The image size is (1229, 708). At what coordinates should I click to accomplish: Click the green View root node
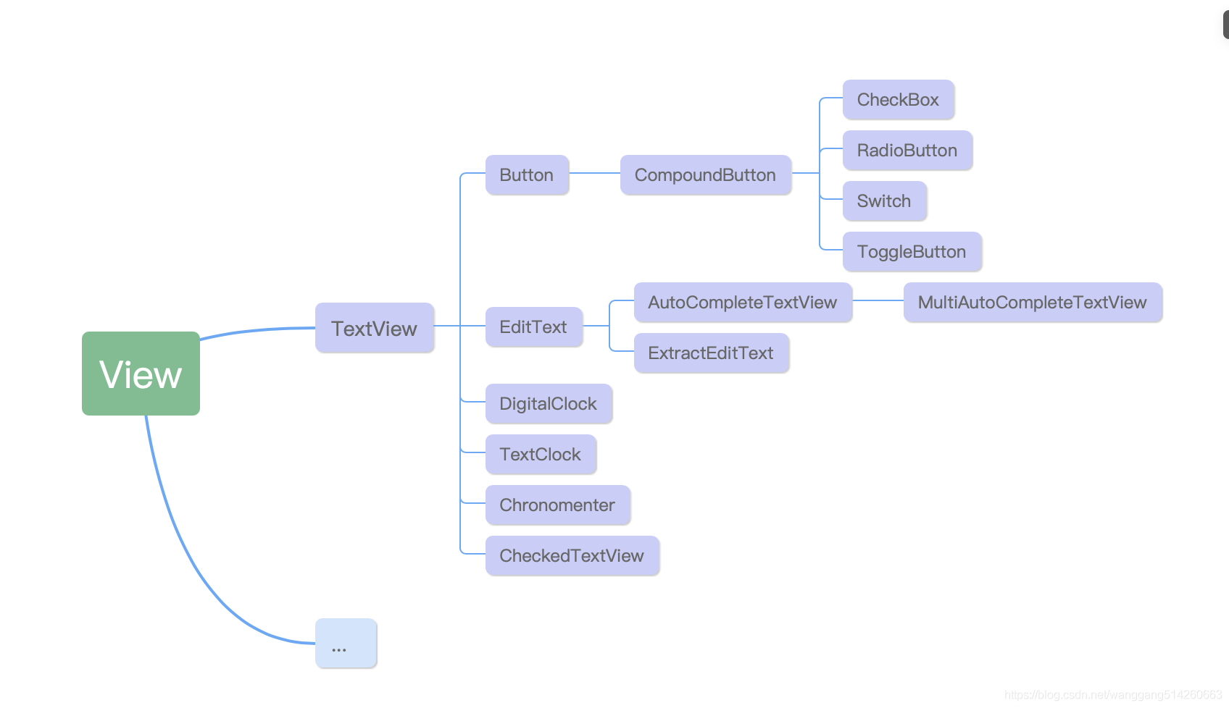pos(141,373)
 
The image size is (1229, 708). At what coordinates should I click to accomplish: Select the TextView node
pos(375,328)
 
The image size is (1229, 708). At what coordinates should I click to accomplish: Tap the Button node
pos(528,174)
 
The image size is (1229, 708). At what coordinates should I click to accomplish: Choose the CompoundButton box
pos(706,174)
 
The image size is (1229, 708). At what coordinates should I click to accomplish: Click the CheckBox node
pos(899,100)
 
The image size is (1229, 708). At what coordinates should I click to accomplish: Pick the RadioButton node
pos(907,150)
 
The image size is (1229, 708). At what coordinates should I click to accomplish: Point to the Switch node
pos(885,201)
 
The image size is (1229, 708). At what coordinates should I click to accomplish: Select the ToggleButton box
pos(912,251)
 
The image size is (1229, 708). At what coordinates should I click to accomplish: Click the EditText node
pos(534,326)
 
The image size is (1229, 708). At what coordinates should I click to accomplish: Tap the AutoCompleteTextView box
pos(743,303)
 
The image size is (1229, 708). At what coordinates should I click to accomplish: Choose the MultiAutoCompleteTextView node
pos(1033,303)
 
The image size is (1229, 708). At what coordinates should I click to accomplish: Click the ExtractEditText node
pos(712,353)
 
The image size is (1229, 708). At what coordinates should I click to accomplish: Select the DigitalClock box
pos(549,404)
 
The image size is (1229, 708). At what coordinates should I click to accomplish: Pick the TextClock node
pos(541,455)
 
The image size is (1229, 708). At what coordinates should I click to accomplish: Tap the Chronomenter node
pos(558,505)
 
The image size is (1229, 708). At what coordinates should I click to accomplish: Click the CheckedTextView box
pos(572,556)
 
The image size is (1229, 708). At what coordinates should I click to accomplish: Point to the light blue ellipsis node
pos(346,644)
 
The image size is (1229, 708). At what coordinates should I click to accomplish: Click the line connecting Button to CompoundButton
pos(595,173)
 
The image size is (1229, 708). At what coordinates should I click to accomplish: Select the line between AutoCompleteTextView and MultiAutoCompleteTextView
pos(878,300)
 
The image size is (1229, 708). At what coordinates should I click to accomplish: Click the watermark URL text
pos(1113,695)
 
